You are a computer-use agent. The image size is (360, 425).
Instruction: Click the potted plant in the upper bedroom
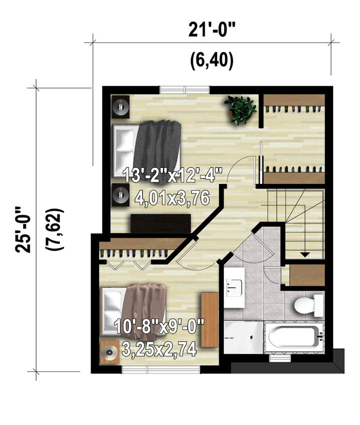240,110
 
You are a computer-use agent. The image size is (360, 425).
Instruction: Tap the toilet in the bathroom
309,305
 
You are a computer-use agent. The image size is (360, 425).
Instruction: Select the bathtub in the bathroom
294,337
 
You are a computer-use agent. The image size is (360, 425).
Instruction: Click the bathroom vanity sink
235,287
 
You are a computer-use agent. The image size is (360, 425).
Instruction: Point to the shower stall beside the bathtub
243,337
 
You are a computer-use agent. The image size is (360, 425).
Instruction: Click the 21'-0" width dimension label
212,29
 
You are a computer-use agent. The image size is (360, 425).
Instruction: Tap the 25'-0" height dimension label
23,230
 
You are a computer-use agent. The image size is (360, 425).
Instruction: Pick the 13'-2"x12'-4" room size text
172,175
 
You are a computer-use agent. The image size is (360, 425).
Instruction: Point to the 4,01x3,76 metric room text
172,198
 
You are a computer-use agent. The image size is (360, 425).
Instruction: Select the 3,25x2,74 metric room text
159,349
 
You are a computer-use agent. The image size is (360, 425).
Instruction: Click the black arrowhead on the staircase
305,255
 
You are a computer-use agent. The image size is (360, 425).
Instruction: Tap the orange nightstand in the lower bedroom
109,352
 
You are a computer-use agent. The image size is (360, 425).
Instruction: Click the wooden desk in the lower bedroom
209,320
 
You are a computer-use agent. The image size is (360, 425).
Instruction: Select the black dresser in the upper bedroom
161,223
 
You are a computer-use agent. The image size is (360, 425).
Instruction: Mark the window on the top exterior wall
184,89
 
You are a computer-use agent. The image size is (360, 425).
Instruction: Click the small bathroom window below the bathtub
280,358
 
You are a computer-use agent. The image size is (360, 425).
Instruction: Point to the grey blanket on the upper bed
158,152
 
